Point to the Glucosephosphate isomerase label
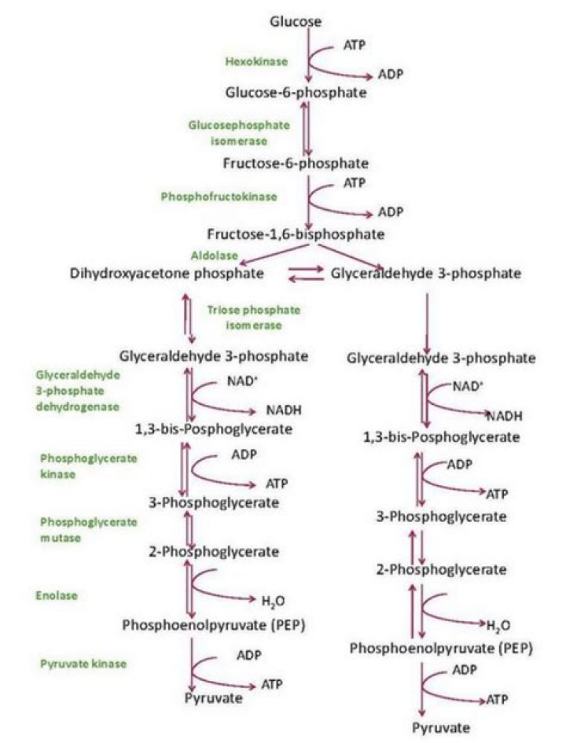click(x=238, y=133)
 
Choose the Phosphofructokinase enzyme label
click(x=219, y=196)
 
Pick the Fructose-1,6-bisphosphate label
click(x=296, y=234)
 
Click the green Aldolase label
click(x=209, y=256)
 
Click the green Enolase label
click(x=57, y=596)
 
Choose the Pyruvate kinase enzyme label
click(x=83, y=664)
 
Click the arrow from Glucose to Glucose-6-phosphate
click(x=308, y=55)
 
